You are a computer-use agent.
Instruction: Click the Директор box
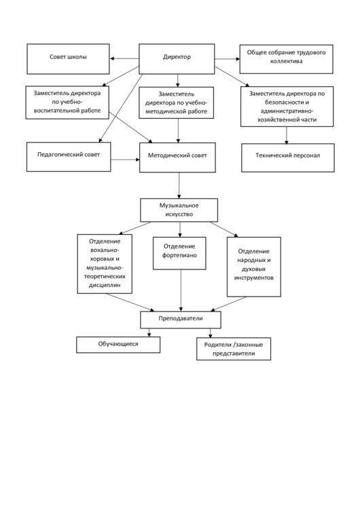coord(177,59)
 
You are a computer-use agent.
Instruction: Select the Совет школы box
coord(68,59)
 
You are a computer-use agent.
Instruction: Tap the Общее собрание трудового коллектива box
coord(286,59)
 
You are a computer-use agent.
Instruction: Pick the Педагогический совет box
coord(69,157)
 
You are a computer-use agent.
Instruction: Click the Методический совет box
coord(177,157)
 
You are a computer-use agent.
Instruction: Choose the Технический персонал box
coord(288,157)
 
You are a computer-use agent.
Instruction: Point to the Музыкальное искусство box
coord(179,210)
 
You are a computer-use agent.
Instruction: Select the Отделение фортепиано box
coord(179,253)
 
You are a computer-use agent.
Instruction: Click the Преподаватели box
coord(181,320)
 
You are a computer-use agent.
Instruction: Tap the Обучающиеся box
coord(118,344)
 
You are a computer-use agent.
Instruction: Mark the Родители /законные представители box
coord(234,349)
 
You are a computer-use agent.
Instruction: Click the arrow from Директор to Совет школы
coord(124,59)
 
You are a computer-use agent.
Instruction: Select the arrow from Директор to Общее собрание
coord(227,59)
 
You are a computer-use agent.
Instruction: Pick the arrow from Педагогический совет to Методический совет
coord(125,159)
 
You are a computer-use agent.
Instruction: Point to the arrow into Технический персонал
coord(287,135)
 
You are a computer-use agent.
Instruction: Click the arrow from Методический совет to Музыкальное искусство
coord(179,185)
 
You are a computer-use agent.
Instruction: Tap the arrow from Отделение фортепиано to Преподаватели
coord(181,290)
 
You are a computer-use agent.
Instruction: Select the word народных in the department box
coord(254,260)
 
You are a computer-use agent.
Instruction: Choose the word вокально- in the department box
coord(105,250)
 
